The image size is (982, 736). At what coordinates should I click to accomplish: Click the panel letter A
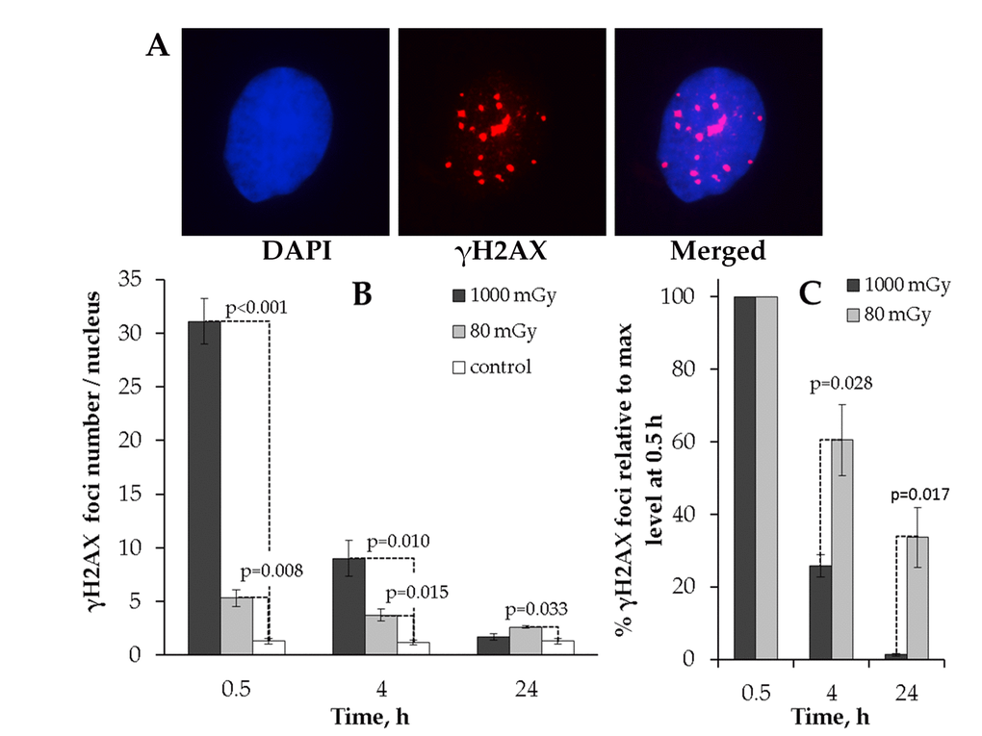point(157,46)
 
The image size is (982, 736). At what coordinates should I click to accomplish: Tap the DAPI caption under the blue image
point(297,252)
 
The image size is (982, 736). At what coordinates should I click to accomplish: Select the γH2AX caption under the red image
point(504,252)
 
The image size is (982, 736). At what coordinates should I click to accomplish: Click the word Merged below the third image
point(718,252)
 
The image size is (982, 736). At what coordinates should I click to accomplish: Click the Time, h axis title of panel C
point(830,716)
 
